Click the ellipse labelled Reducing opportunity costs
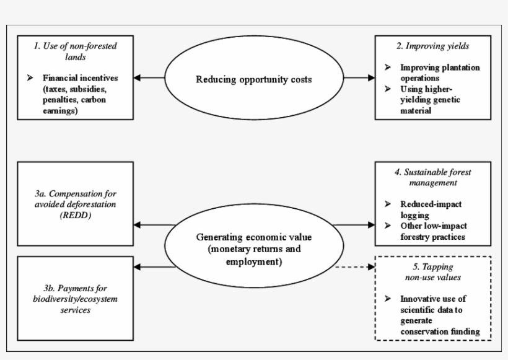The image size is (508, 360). (254, 79)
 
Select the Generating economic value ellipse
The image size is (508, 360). (253, 249)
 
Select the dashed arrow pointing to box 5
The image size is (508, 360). (354, 268)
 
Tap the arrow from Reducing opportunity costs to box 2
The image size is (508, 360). (359, 78)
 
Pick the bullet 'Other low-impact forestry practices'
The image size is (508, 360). (439, 230)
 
